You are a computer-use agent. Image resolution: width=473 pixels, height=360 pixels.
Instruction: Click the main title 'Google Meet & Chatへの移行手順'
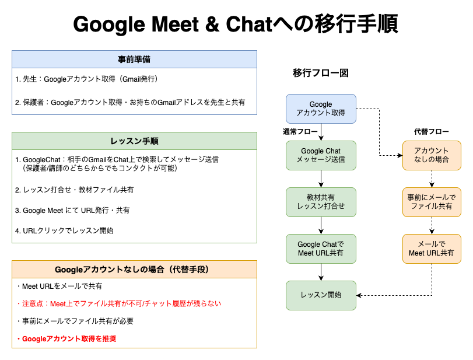click(236, 24)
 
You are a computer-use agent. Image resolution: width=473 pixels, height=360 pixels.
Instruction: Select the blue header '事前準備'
click(134, 60)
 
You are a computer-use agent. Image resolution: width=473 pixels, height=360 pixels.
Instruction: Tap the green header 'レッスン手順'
click(134, 141)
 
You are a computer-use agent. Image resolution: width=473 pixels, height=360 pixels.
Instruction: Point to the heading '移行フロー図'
click(321, 73)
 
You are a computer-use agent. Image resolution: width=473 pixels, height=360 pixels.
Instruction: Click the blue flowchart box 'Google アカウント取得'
click(321, 109)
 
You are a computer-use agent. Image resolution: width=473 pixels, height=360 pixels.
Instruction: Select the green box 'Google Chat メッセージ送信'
click(321, 155)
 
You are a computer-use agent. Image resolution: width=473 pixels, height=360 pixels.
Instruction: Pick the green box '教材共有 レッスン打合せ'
click(321, 202)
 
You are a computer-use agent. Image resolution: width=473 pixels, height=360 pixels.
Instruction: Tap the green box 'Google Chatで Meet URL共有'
click(321, 249)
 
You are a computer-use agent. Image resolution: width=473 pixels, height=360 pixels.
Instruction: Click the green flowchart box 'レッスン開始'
click(321, 295)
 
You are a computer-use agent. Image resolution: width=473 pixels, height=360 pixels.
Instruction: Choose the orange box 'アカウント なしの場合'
click(432, 155)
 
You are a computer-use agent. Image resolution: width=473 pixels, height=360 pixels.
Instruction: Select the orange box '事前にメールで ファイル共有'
click(432, 202)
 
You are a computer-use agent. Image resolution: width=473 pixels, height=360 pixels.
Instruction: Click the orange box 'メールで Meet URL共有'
click(432, 249)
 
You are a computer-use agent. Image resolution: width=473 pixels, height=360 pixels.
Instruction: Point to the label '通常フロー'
click(300, 131)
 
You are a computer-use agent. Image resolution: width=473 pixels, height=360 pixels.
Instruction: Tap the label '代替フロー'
click(432, 131)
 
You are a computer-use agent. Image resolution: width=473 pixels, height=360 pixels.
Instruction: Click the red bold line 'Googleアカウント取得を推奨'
click(66, 338)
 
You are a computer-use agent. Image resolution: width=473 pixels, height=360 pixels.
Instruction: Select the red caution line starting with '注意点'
click(119, 303)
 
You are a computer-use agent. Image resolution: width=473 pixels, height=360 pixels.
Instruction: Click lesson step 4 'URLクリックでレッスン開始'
click(64, 230)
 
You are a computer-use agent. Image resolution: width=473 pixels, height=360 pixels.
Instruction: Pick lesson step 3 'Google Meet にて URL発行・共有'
click(72, 210)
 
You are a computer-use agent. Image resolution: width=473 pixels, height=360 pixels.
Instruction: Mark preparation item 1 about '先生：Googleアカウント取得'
click(86, 79)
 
